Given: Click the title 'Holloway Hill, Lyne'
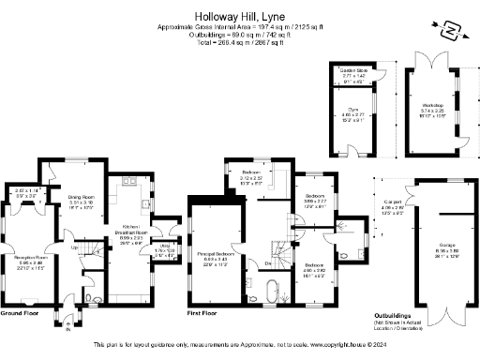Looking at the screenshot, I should coord(239,15).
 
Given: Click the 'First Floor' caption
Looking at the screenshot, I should coord(203,312).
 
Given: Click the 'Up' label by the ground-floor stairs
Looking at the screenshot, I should coord(75,248).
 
